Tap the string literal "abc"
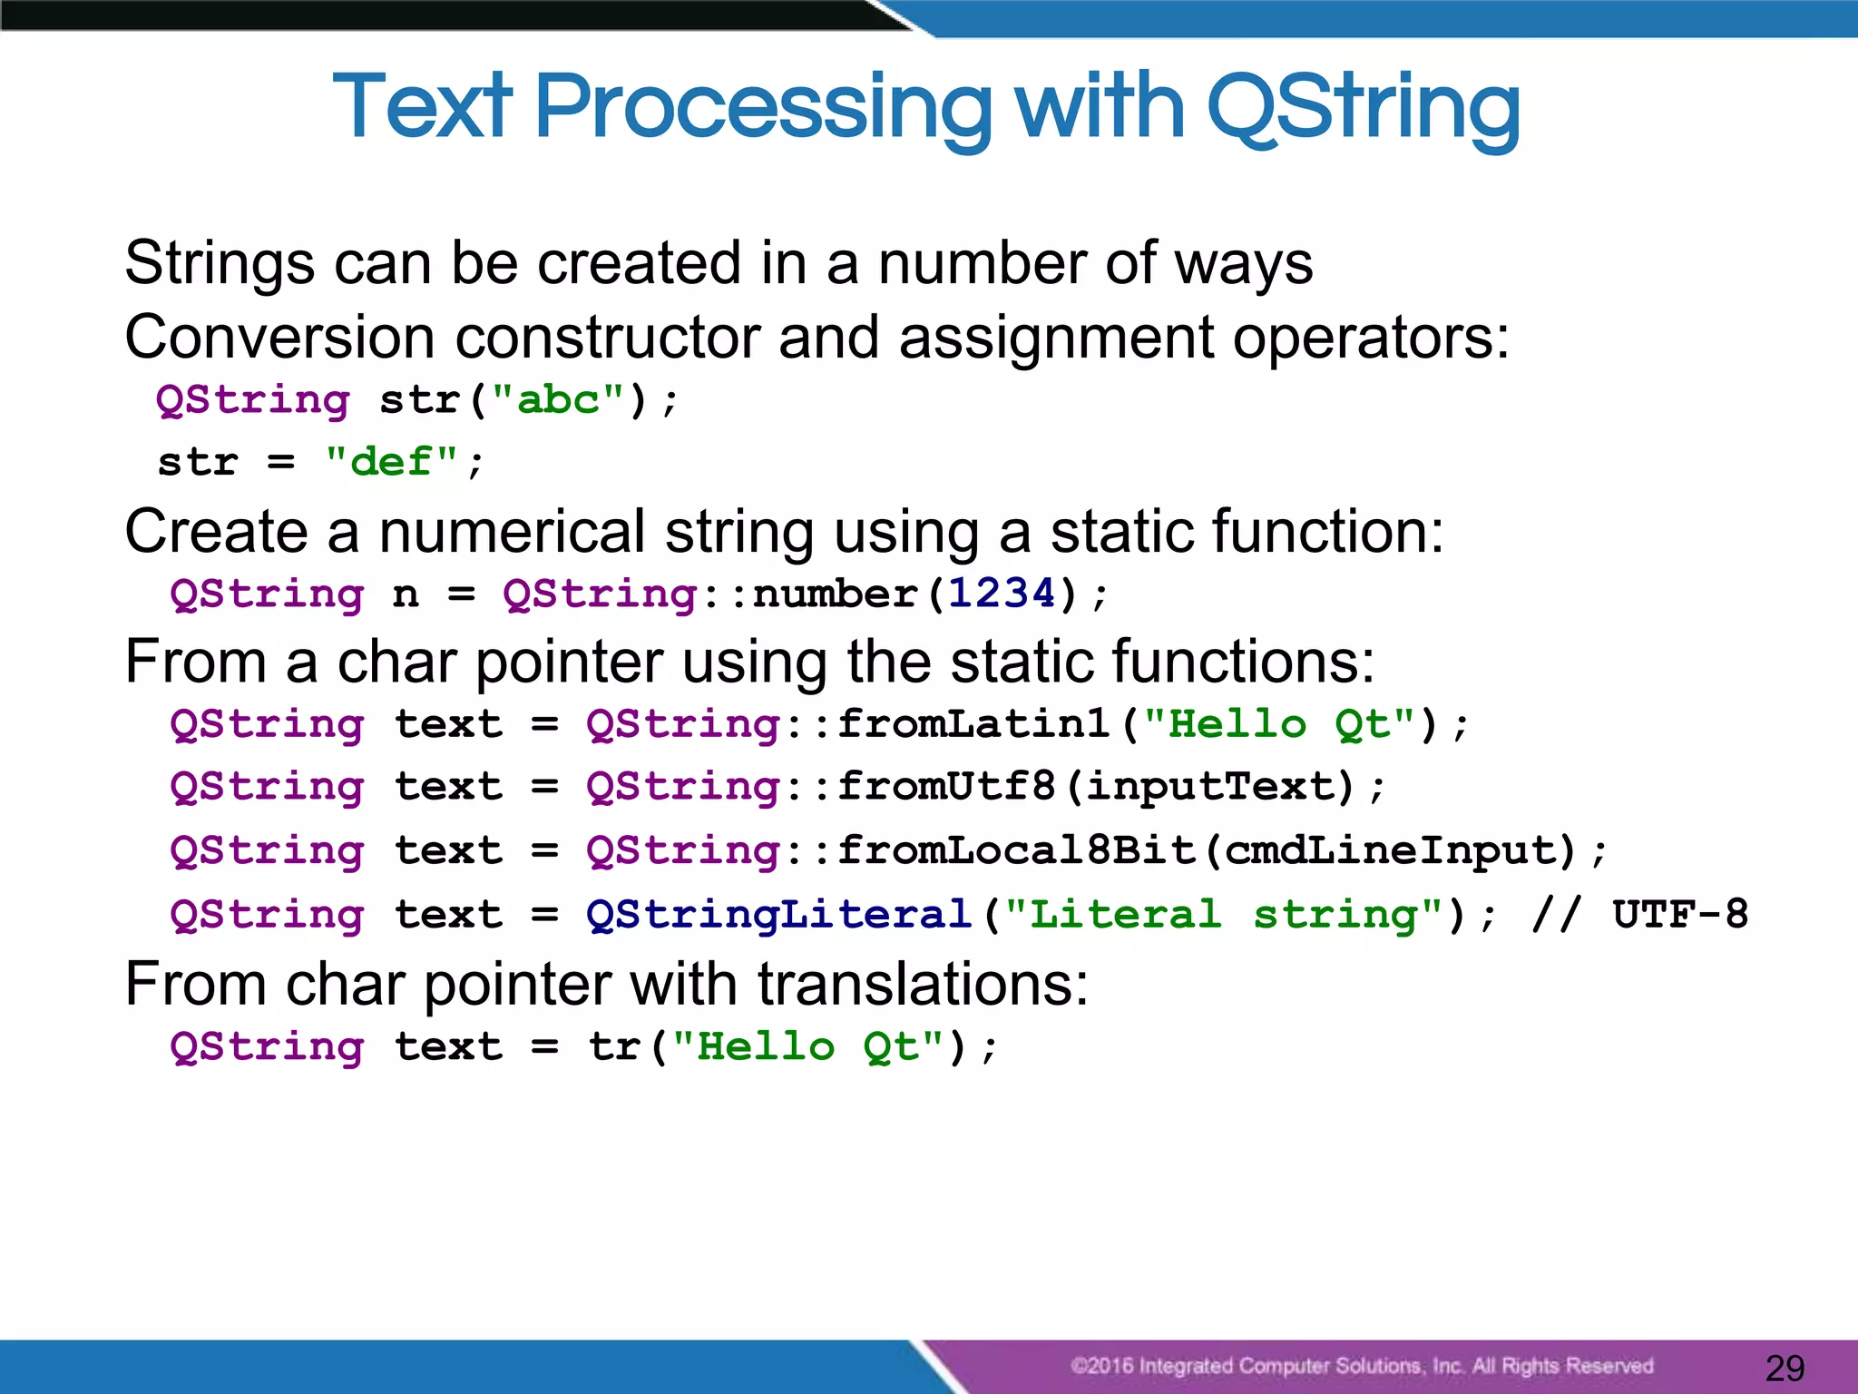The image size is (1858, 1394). coord(558,400)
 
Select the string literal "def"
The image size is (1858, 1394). coord(391,462)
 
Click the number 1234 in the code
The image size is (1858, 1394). coord(1002,594)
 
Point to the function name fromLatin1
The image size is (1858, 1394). coord(973,724)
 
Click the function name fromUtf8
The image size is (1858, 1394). coord(946,787)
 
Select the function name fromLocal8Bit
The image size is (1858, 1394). coord(1016,850)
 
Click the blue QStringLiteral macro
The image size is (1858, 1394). coord(779,915)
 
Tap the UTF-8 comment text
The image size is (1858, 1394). coord(1679,915)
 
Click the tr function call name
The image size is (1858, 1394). coord(615,1047)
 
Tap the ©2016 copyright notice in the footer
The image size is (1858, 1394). coord(1361,1366)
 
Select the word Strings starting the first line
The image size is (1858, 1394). coord(220,264)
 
